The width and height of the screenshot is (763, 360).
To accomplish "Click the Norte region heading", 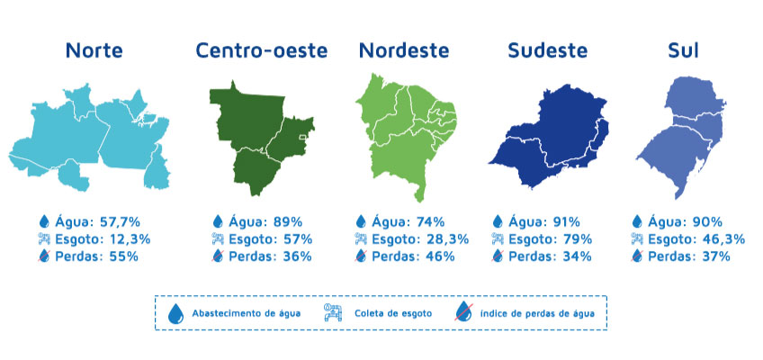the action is [94, 50].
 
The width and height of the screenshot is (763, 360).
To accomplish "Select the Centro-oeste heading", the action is [262, 50].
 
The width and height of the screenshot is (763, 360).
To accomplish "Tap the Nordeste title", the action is [404, 50].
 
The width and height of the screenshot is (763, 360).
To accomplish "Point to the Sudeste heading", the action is [547, 50].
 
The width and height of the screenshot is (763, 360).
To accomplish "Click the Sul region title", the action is [683, 50].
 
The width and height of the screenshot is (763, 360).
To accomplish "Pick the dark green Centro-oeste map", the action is [258, 141].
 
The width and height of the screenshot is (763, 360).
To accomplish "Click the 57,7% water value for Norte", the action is [120, 221].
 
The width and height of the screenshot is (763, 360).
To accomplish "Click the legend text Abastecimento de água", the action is [247, 313].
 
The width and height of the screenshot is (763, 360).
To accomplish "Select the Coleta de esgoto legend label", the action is [393, 313].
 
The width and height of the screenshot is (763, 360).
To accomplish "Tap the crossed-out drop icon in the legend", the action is [463, 312].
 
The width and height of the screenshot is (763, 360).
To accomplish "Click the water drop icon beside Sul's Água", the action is [637, 221].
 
